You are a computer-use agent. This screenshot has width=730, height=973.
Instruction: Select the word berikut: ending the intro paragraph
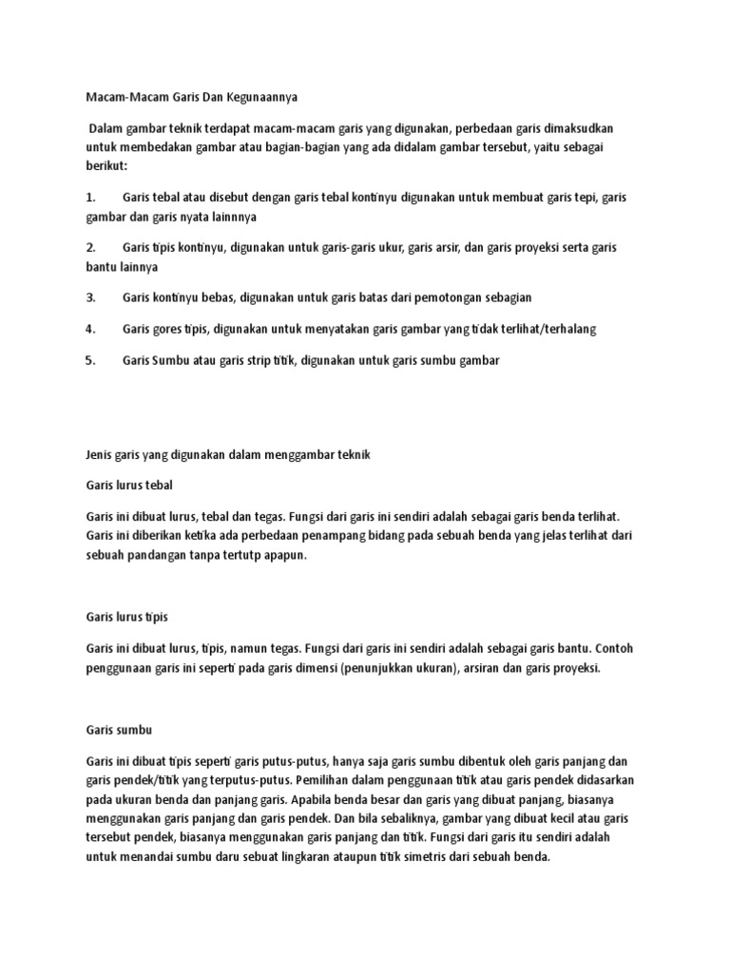[106, 164]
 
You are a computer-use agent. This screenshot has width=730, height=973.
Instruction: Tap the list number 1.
[90, 197]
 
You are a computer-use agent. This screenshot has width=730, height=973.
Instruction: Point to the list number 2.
[90, 247]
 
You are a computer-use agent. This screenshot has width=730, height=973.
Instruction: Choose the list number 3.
[90, 297]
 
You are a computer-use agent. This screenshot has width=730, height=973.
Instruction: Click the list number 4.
[90, 329]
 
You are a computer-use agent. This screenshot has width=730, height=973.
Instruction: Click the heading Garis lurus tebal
[129, 485]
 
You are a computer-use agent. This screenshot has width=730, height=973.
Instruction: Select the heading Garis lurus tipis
[126, 617]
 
